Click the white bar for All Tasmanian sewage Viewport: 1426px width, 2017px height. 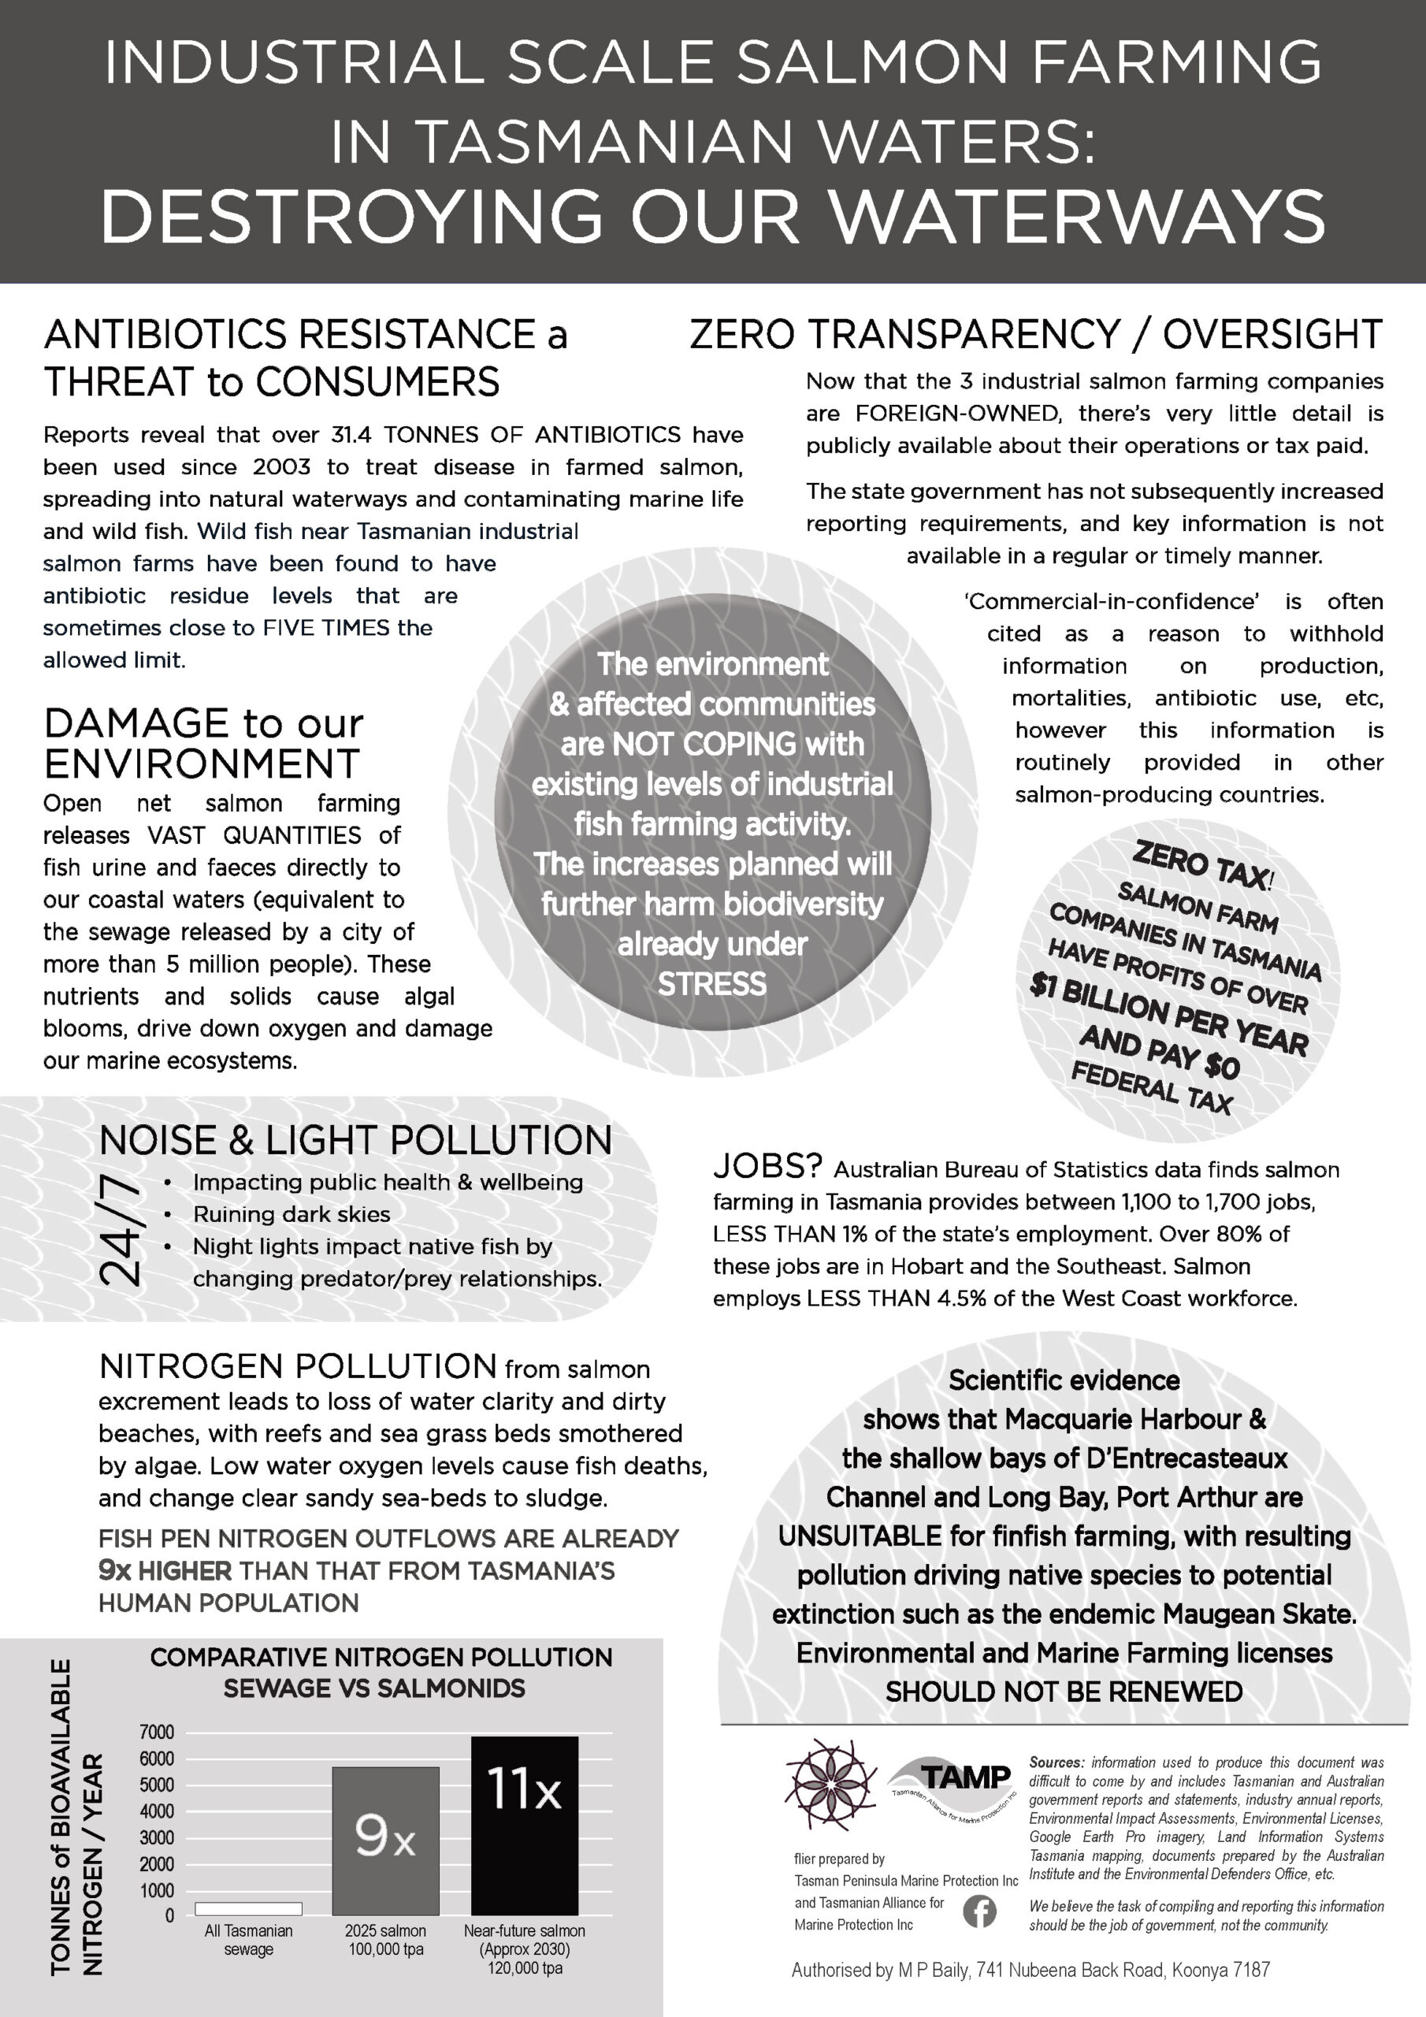pos(249,1908)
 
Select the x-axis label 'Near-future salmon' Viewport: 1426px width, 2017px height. pos(525,1931)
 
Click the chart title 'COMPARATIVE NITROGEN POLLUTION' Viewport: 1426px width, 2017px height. pos(381,1657)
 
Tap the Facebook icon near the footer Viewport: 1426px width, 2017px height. pos(979,1911)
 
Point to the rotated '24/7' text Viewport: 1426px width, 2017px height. pos(121,1230)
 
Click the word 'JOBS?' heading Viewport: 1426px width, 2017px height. pos(767,1167)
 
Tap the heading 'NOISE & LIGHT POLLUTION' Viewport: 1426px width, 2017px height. pos(355,1140)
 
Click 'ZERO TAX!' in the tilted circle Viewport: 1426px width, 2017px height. pos(1203,864)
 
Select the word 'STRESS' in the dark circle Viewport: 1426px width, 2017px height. pos(711,984)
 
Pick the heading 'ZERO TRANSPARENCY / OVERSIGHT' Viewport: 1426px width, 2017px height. pos(1036,335)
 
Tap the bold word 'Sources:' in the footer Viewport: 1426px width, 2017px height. pos(1056,1763)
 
